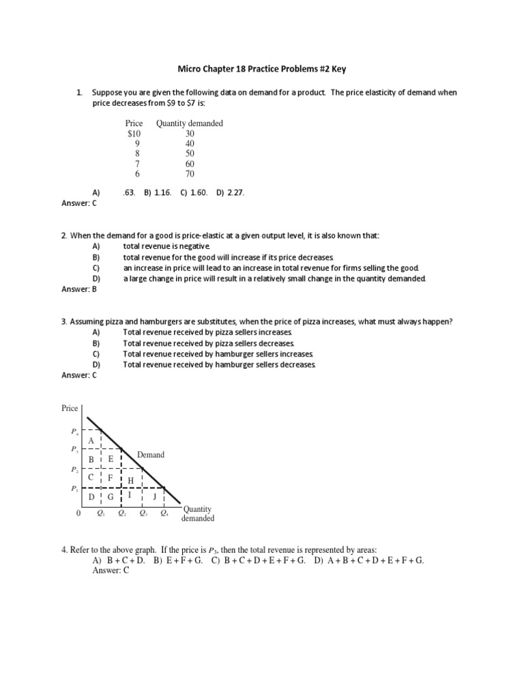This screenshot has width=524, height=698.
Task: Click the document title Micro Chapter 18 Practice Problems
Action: point(262,69)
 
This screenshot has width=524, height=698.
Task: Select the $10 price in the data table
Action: point(134,134)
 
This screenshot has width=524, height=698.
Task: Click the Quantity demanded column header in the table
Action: point(190,123)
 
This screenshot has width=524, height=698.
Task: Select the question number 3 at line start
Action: point(63,321)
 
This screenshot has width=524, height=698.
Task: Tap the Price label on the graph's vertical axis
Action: point(70,408)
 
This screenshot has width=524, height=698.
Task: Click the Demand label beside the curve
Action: point(150,455)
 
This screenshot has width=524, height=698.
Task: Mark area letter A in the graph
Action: point(90,441)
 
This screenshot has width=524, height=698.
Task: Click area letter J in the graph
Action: point(154,496)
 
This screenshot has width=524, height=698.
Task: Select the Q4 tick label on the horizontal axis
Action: point(164,514)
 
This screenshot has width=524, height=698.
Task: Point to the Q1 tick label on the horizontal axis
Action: point(101,514)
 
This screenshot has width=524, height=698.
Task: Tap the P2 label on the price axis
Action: point(74,470)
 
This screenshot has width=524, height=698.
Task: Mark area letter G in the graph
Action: point(110,497)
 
